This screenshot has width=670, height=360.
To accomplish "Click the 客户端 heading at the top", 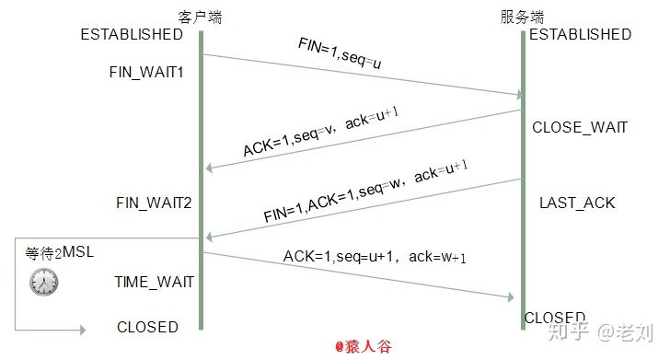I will point(200,17).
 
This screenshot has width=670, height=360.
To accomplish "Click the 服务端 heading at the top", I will point(522,17).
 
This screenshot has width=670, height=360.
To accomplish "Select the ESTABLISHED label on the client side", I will point(132,35).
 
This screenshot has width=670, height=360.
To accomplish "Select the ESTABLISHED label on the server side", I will point(580,35).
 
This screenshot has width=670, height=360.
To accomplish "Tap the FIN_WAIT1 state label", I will point(146,71).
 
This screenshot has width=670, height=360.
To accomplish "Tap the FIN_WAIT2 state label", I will point(153,202).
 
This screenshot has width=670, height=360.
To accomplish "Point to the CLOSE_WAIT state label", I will point(580,127).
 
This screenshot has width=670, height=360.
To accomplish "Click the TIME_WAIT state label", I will point(154,281).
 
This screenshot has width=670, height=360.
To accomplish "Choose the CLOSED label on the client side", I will point(147,327).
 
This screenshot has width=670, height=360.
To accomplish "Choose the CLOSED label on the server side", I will point(554,318).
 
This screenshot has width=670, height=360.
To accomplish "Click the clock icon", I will point(43,282).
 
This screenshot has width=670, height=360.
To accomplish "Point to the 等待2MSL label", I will point(60,251).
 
